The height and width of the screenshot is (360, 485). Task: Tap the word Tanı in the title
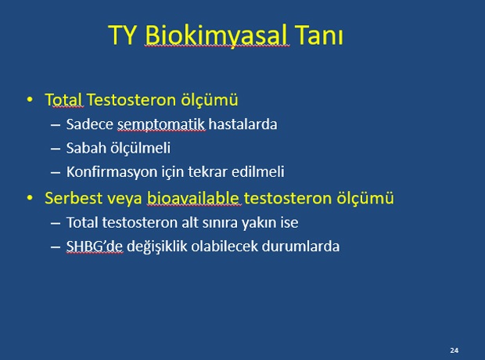pyautogui.click(x=319, y=35)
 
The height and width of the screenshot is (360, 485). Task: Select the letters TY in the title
pyautogui.click(x=123, y=35)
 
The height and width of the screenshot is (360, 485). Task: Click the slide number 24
pyautogui.click(x=454, y=351)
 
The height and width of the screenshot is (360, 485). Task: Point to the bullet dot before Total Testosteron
pyautogui.click(x=30, y=99)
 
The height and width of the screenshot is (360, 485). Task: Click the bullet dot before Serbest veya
pyautogui.click(x=30, y=198)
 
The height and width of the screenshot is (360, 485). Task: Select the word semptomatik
pyautogui.click(x=161, y=125)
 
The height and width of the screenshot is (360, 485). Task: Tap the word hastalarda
pyautogui.click(x=242, y=124)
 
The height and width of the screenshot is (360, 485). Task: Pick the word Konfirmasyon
pyautogui.click(x=112, y=172)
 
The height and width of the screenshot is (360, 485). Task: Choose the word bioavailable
pyautogui.click(x=193, y=198)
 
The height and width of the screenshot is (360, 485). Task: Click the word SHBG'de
pyautogui.click(x=95, y=247)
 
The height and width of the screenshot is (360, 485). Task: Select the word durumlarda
pyautogui.click(x=300, y=247)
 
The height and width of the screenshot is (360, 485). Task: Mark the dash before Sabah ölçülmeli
pyautogui.click(x=56, y=149)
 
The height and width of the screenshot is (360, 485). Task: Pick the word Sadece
pyautogui.click(x=90, y=124)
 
